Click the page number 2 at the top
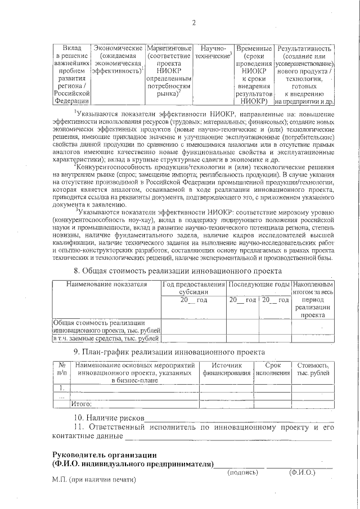point(193,22)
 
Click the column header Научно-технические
point(213,53)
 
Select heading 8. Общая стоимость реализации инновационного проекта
point(178,270)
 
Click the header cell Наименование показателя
point(106,284)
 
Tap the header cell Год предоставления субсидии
point(193,288)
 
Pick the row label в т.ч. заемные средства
point(106,339)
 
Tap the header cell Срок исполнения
point(272,369)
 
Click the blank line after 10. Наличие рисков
point(239,419)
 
